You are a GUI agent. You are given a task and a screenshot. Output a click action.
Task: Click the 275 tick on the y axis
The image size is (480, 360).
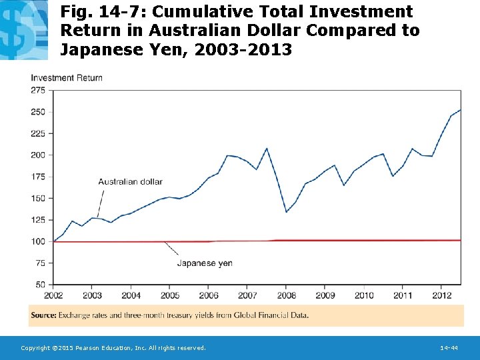(38, 90)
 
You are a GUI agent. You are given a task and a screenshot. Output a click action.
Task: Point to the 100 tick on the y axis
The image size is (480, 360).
(38, 241)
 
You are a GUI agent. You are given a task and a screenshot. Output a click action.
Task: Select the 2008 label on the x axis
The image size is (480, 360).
(286, 295)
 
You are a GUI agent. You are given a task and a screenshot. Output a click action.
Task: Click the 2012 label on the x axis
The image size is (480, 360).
(441, 295)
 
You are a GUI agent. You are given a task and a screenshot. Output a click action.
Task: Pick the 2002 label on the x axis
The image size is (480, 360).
(53, 295)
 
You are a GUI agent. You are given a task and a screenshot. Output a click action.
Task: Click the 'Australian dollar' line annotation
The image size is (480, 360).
(130, 181)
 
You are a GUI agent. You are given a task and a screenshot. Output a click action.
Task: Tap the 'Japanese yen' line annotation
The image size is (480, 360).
(205, 263)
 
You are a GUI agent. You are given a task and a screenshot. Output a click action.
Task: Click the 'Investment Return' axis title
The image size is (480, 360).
(67, 78)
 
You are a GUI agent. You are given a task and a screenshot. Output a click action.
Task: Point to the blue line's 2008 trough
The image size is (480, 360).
(286, 212)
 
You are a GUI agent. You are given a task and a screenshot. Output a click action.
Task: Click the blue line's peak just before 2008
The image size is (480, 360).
(267, 148)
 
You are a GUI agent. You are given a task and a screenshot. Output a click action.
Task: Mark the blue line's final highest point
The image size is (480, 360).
(460, 110)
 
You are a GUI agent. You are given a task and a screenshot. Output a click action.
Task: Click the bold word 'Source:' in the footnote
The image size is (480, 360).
(44, 315)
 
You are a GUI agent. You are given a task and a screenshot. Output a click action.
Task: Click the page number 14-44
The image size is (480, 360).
(449, 348)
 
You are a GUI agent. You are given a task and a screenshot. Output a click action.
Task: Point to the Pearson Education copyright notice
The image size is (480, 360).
(113, 348)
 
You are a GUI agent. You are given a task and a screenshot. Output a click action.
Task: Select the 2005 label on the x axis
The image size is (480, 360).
(170, 295)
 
